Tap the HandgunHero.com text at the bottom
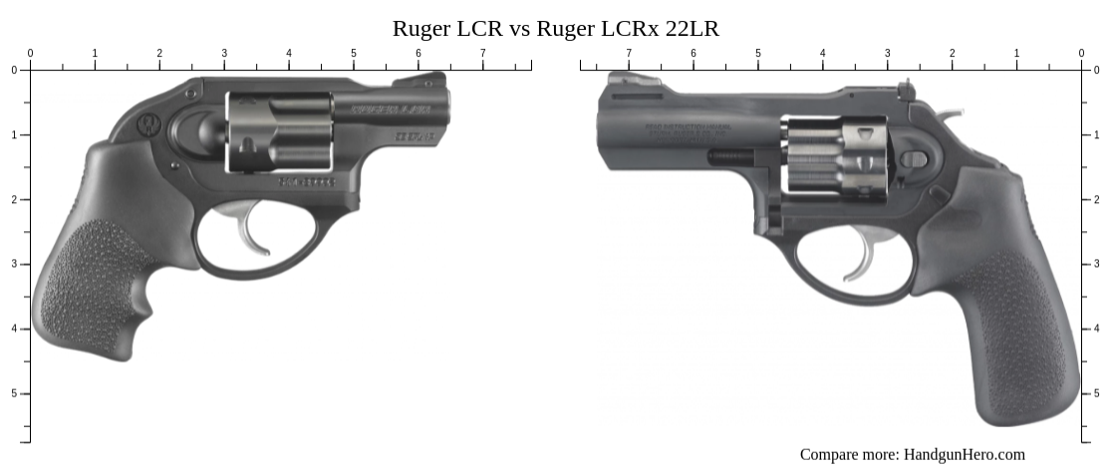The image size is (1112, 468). tap(964, 454)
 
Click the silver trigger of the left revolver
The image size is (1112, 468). tap(245, 229)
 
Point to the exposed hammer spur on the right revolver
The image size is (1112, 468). tap(952, 116)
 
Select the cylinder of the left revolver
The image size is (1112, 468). tap(280, 131)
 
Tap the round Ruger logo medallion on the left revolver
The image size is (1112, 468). tap(149, 124)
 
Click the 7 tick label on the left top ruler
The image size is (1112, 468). tap(483, 53)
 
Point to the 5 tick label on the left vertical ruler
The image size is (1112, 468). tap(13, 393)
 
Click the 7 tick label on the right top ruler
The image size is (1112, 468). tap(629, 53)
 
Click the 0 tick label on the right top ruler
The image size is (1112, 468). tap(1081, 53)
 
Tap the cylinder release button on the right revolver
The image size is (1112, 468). tap(914, 158)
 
